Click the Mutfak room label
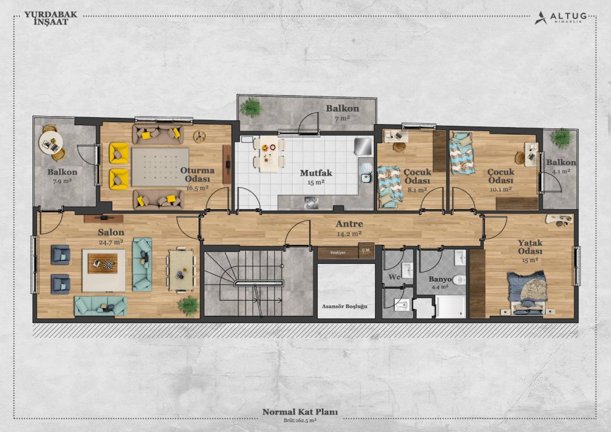[316, 172]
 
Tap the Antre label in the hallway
[349, 224]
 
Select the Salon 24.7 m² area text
[111, 242]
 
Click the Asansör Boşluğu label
[345, 306]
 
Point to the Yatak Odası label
[530, 247]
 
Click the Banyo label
[440, 279]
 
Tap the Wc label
[394, 277]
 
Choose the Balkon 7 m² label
[343, 112]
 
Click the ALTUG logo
[560, 18]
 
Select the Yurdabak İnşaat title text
[51, 18]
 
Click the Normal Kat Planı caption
[300, 412]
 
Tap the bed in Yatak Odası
[527, 293]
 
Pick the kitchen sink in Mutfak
[366, 178]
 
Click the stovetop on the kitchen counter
[311, 202]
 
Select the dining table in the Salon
[181, 270]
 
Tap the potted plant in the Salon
[189, 306]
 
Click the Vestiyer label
[338, 252]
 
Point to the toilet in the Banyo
[460, 280]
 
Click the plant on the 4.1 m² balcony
[561, 138]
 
